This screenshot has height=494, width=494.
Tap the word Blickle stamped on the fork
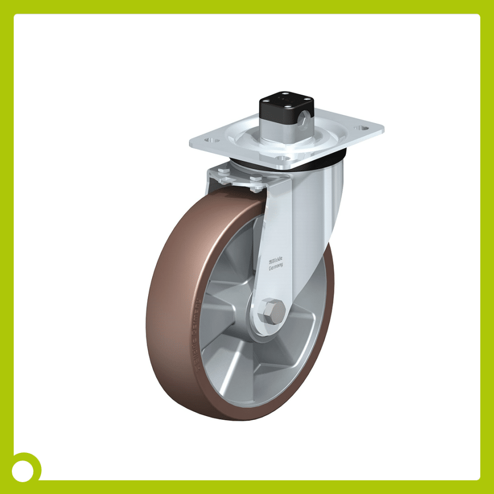point(277,261)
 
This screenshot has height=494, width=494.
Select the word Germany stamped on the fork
point(276,267)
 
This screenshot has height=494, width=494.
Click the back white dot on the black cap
point(282,94)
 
